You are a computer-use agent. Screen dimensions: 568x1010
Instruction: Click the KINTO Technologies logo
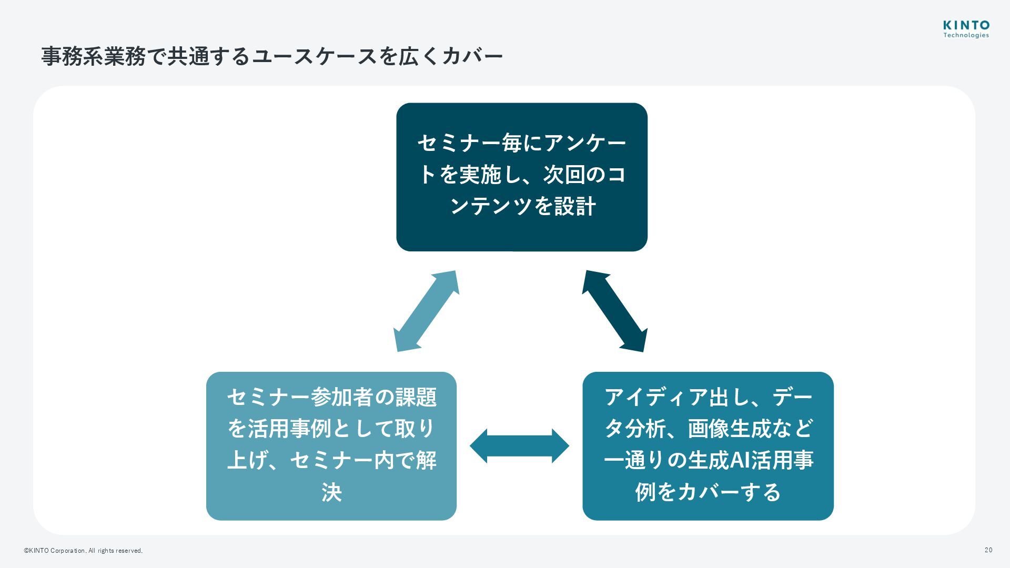[x=966, y=29]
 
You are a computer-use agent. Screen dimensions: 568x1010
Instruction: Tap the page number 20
[x=988, y=550]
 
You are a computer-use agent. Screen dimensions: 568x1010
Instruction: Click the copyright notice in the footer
[x=83, y=551]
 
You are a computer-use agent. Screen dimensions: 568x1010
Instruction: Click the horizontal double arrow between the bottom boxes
[x=519, y=446]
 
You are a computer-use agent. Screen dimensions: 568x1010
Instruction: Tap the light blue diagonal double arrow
[x=426, y=311]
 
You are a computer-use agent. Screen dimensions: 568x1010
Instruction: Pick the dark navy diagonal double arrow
[x=614, y=311]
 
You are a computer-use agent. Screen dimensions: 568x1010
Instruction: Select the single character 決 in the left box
[x=331, y=492]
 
